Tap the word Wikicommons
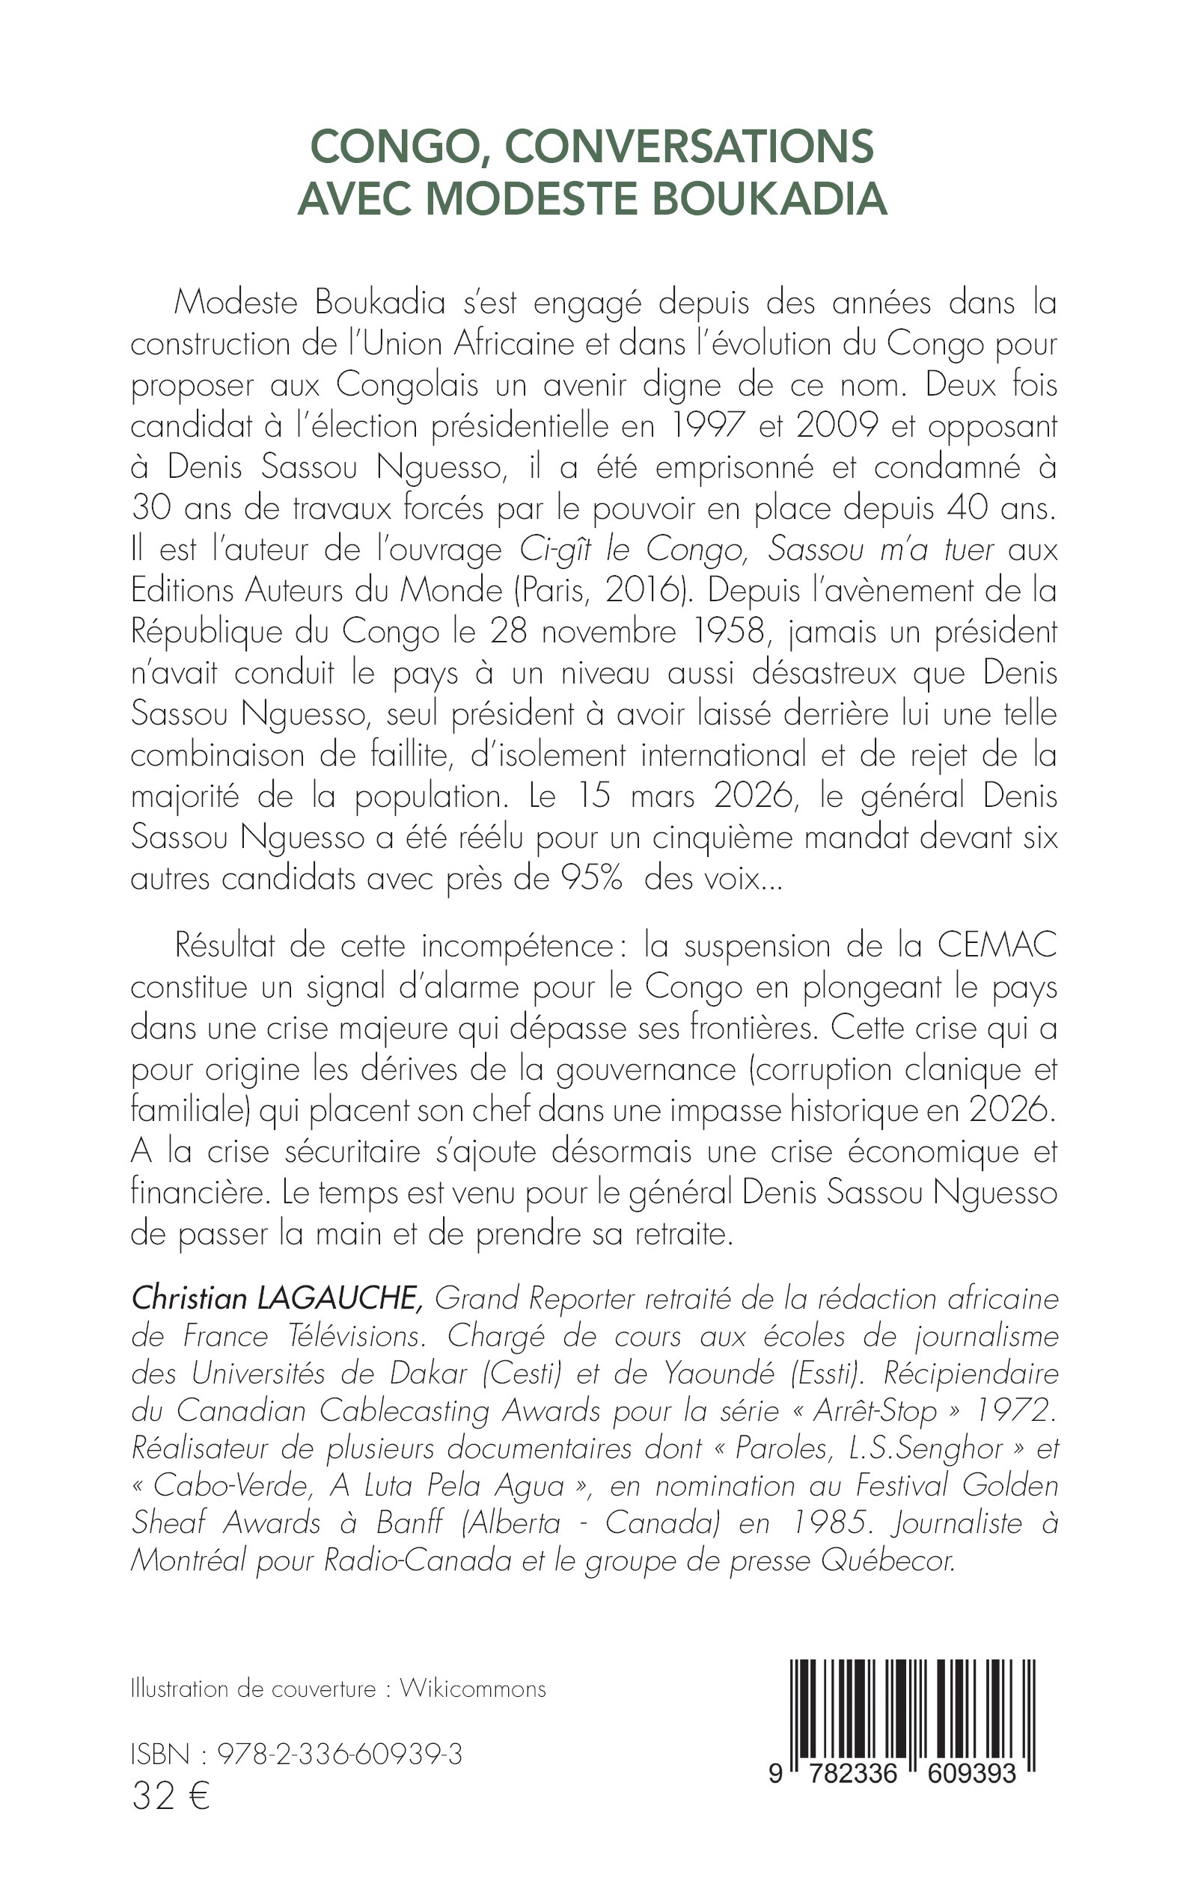(472, 1689)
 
